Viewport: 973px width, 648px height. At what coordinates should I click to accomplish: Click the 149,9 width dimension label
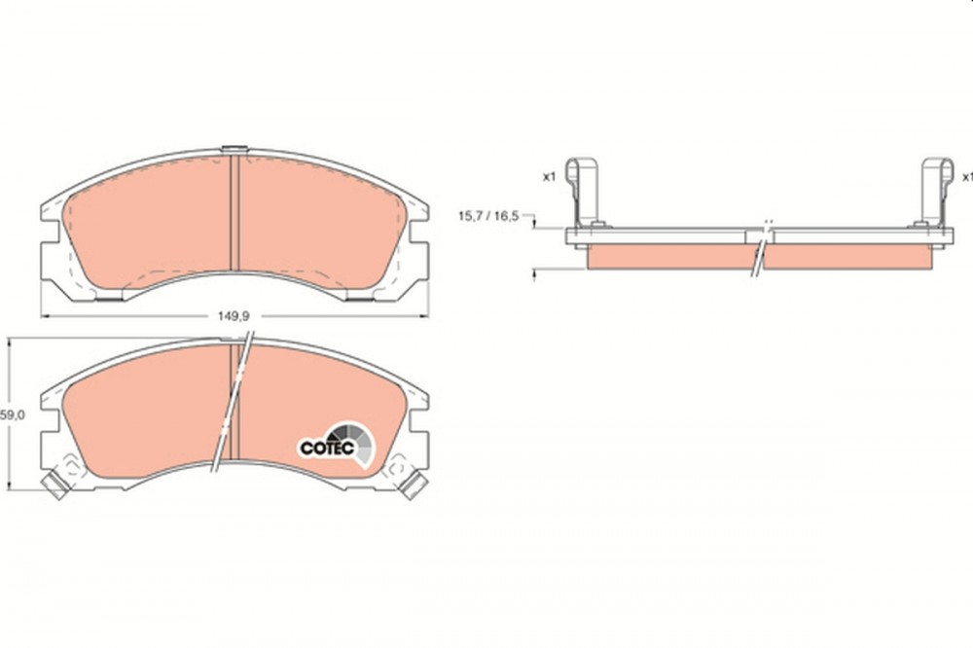click(x=234, y=316)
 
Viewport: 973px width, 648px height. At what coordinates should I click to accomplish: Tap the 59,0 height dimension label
click(x=12, y=415)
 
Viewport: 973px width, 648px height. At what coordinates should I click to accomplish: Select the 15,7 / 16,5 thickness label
click(x=487, y=216)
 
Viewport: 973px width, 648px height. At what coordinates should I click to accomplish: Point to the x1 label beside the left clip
click(x=549, y=177)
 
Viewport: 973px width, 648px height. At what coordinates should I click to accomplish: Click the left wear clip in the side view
click(x=583, y=193)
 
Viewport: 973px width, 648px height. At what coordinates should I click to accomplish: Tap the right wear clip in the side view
click(x=934, y=193)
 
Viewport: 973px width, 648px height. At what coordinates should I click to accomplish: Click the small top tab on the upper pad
click(x=234, y=149)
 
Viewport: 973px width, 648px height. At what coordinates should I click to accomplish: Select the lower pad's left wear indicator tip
click(x=54, y=486)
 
